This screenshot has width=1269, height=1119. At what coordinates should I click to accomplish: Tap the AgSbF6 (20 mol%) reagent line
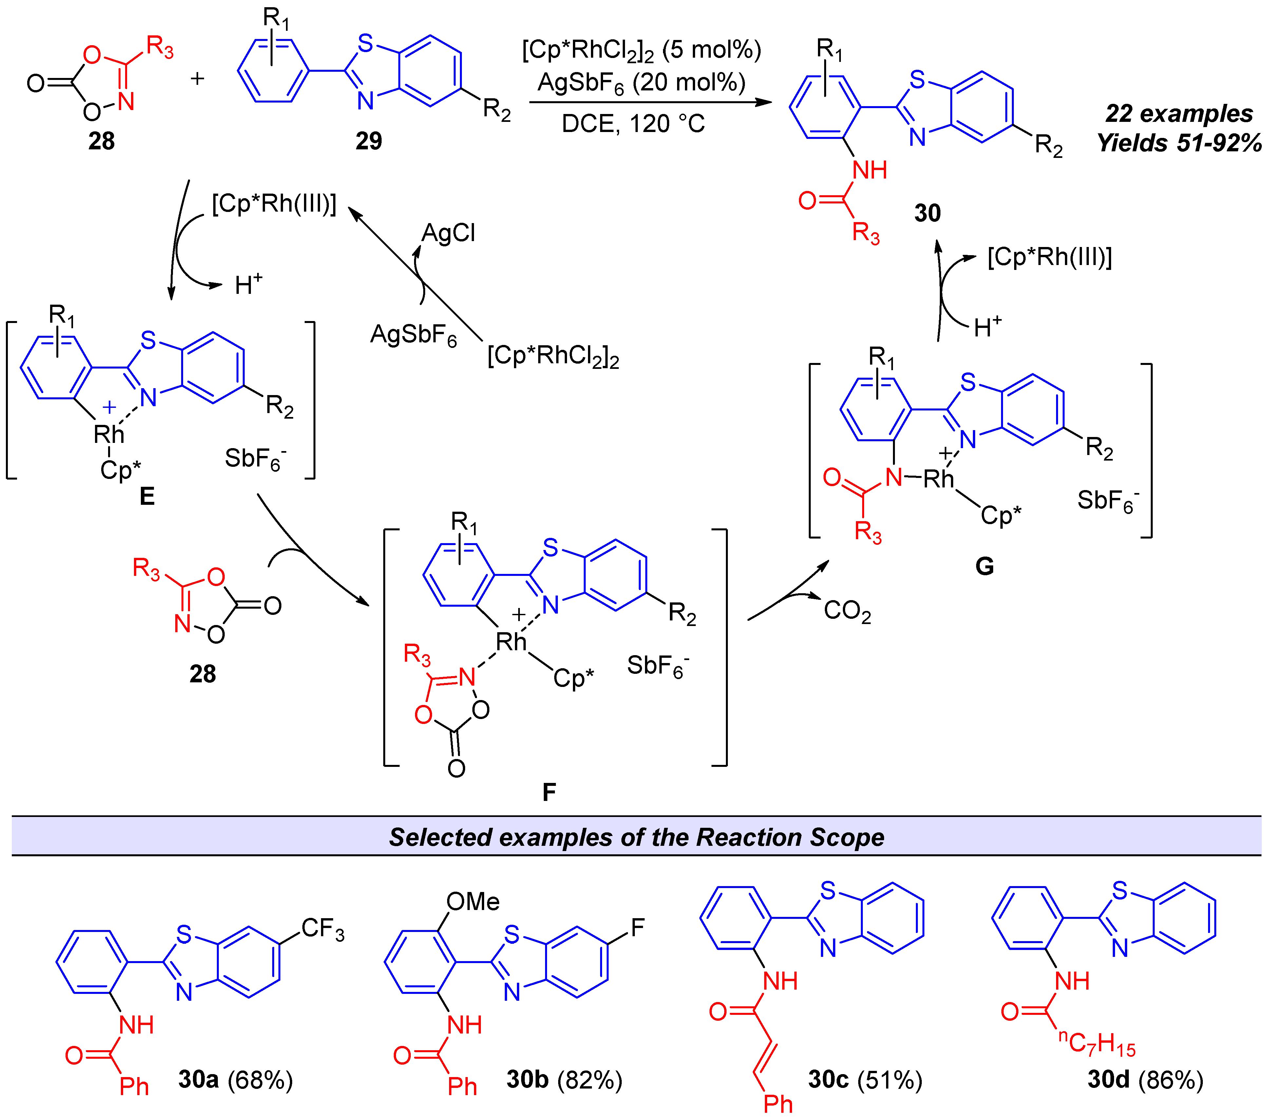641,83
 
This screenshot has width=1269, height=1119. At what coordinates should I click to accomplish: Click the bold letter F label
549,792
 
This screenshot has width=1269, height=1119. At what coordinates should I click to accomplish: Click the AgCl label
448,234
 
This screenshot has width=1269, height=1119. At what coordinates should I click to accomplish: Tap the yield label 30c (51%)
865,1080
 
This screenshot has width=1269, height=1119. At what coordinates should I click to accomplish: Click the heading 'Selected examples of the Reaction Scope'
636,837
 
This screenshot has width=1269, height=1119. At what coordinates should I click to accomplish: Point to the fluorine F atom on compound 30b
637,928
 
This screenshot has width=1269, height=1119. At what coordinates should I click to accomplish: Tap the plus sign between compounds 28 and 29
198,79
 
